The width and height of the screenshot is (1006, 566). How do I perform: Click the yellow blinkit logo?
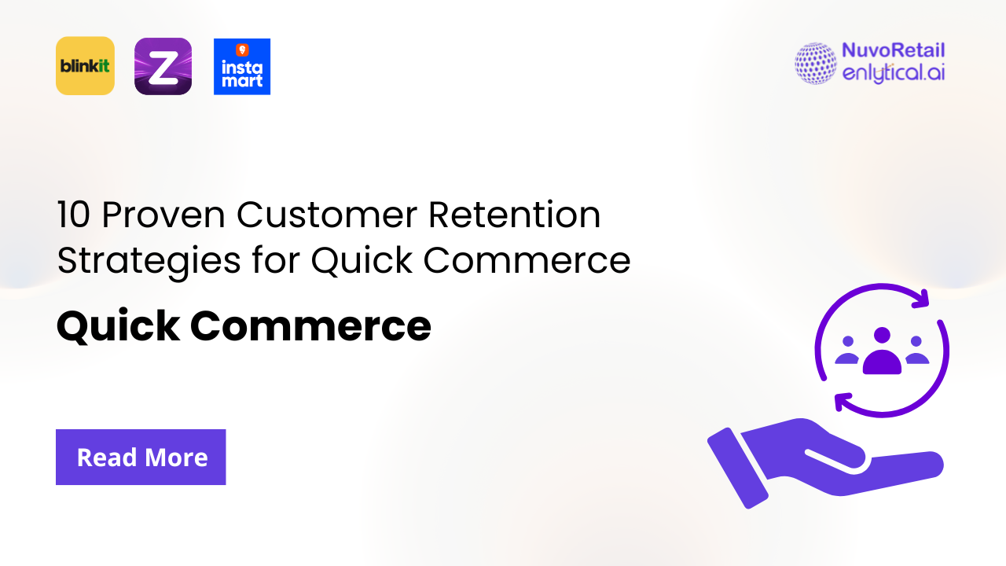(85, 66)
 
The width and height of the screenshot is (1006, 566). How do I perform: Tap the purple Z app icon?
(163, 66)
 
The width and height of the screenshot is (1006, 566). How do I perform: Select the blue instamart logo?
(242, 67)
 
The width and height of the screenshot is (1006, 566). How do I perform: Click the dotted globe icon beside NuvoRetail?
(816, 64)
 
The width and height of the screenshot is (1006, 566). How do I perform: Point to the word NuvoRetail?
(893, 51)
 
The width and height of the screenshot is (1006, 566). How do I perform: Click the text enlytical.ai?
(893, 74)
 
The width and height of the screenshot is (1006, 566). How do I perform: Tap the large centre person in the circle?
(882, 353)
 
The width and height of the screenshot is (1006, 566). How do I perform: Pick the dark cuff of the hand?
(736, 468)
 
